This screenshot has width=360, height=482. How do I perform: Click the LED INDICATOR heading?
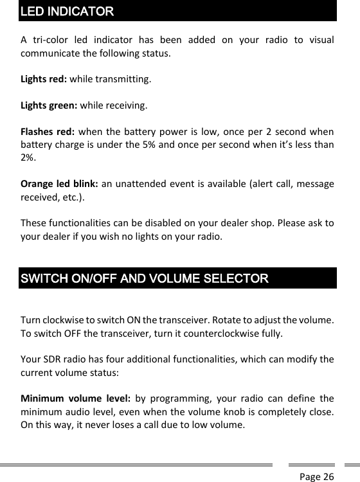(67, 12)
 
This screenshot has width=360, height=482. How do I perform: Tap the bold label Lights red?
(44, 80)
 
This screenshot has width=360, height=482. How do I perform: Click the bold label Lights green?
(49, 105)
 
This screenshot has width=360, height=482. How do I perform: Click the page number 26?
(328, 476)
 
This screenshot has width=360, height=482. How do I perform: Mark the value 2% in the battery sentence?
(28, 157)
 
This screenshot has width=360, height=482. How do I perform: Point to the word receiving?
(127, 105)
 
